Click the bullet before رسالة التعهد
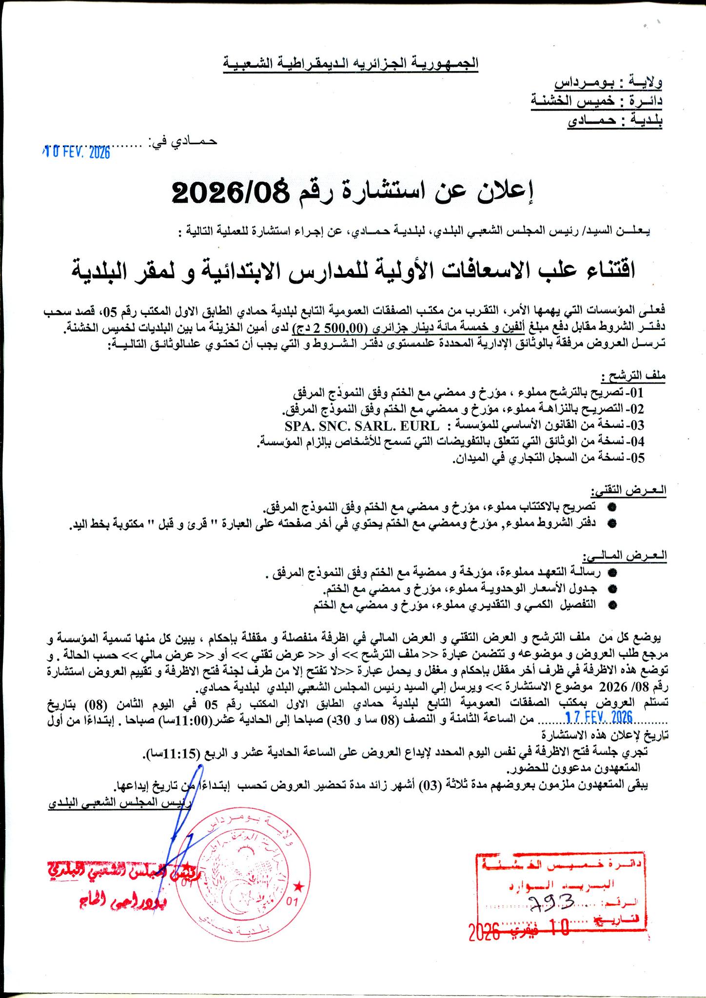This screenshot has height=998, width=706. (613, 572)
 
